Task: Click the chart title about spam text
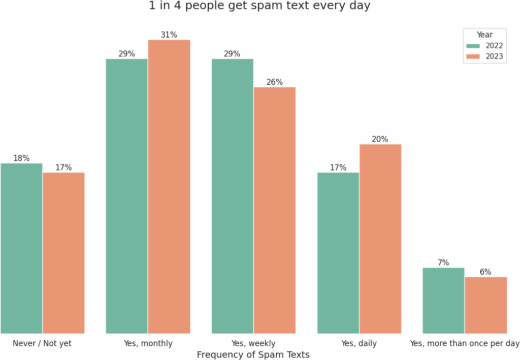click(x=259, y=7)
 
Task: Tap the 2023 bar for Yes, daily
click(x=380, y=238)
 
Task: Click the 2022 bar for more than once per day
click(x=443, y=300)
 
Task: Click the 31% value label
click(x=169, y=35)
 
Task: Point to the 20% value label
click(x=380, y=139)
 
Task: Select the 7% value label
click(x=443, y=263)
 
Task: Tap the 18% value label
click(x=21, y=158)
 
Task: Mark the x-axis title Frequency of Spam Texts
click(x=253, y=354)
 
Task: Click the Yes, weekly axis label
click(x=253, y=343)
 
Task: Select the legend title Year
click(x=484, y=35)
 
